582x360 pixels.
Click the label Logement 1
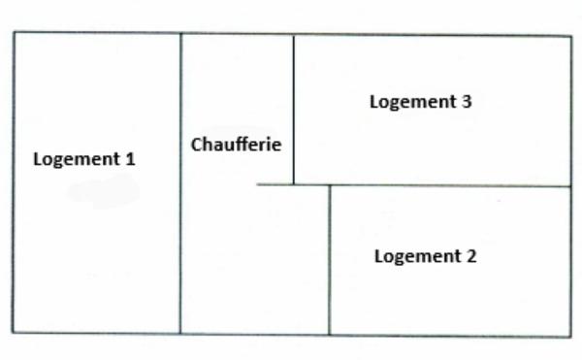[x=84, y=159]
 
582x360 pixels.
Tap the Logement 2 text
[x=425, y=257]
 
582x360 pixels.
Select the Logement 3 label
[x=420, y=101]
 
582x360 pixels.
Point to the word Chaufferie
[x=236, y=146]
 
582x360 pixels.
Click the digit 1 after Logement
[x=130, y=159]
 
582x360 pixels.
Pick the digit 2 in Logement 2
[x=470, y=257]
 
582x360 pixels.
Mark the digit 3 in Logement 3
[x=467, y=101]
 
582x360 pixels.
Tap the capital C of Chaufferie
[x=197, y=146]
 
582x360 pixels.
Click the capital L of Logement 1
[x=39, y=160]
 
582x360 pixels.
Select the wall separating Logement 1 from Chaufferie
[x=180, y=243]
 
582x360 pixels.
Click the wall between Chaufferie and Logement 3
[x=294, y=107]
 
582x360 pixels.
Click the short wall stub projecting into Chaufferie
[x=275, y=184]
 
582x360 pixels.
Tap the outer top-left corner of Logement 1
[x=14, y=33]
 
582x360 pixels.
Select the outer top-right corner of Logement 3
[x=569, y=37]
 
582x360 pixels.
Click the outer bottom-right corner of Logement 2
[x=570, y=337]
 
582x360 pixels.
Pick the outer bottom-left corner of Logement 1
[x=14, y=332]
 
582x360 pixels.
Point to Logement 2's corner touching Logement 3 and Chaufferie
[x=330, y=184]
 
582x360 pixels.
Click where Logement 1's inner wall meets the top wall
[x=180, y=34]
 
